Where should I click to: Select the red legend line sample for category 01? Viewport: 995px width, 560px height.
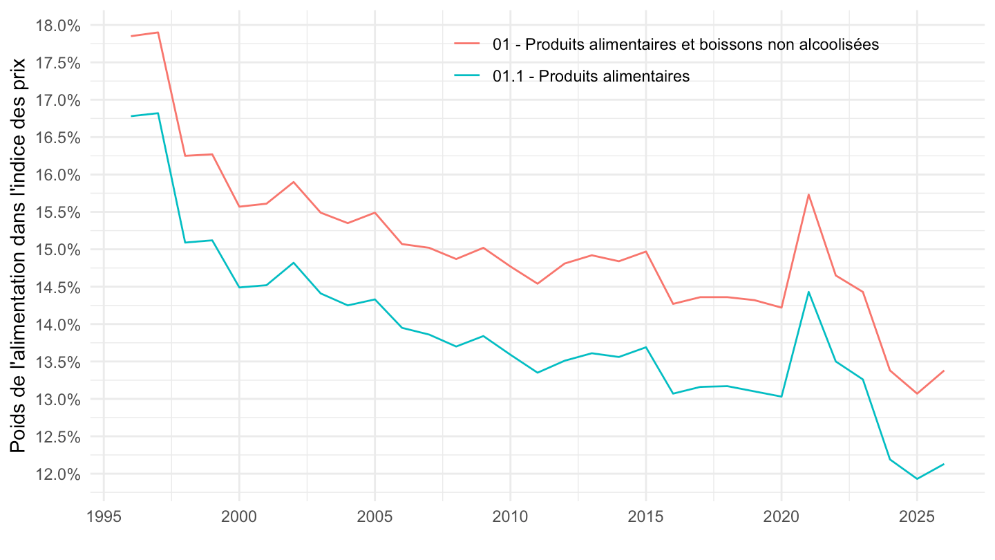click(468, 44)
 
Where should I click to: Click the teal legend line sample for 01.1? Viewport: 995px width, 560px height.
click(468, 76)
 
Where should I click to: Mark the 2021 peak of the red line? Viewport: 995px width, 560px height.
click(808, 194)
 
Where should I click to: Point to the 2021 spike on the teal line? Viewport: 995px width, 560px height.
click(808, 292)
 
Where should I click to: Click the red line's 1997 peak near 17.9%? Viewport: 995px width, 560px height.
click(158, 32)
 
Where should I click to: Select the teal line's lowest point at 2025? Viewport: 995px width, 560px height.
click(917, 478)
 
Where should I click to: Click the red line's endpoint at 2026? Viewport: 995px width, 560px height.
click(944, 371)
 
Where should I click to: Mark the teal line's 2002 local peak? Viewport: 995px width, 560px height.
click(293, 263)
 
